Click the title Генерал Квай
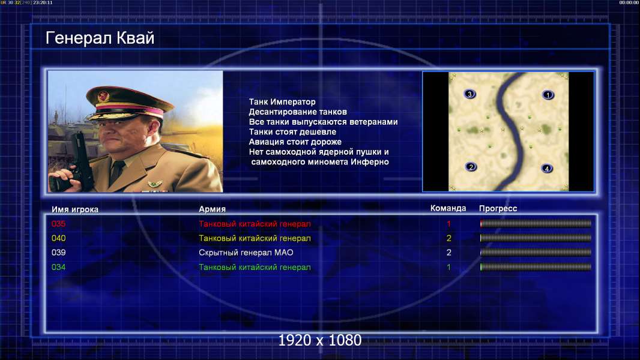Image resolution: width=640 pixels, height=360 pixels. coord(100,38)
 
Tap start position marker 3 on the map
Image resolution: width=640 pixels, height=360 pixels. coord(470,94)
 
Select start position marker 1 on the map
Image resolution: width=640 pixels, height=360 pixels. coord(548,95)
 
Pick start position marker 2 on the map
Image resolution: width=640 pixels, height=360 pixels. coord(471,167)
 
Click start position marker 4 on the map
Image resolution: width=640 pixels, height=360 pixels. coord(547,169)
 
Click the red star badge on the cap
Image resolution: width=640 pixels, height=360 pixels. coord(103,96)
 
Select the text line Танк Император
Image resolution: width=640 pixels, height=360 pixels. coord(282,102)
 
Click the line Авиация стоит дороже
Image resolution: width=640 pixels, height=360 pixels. coord(295,142)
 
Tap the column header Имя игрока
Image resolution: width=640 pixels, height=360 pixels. coord(74,209)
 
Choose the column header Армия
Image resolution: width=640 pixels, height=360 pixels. coord(213,209)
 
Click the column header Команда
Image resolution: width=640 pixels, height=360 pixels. coord(448,208)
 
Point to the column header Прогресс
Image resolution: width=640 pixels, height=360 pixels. coord(498,209)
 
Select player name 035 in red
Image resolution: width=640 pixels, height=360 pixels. coord(58,224)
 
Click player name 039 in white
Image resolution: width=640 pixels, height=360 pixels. coord(58,253)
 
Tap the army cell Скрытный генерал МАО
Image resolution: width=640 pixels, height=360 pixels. coord(246,253)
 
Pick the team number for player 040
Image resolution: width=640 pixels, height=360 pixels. coord(449,239)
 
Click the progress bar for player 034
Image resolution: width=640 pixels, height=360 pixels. coord(536,268)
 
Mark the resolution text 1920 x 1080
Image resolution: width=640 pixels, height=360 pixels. coord(319,340)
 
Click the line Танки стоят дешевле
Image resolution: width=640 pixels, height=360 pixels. coord(292,132)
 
